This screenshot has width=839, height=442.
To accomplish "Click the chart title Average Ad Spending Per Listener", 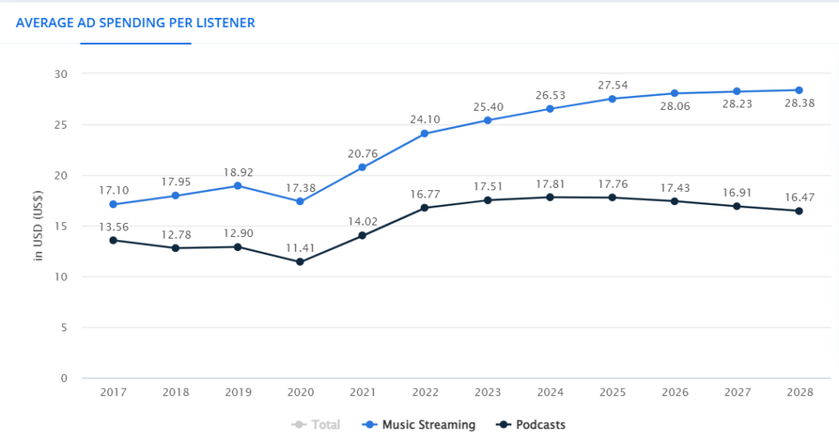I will pyautogui.click(x=135, y=23).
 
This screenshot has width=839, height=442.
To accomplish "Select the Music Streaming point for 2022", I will pyautogui.click(x=424, y=134).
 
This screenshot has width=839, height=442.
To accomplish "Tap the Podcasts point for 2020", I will pyautogui.click(x=300, y=262).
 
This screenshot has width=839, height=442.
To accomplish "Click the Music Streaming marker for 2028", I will pyautogui.click(x=799, y=90).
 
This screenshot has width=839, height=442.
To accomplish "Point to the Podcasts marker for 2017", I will pyautogui.click(x=113, y=240).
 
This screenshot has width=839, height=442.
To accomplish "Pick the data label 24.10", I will pyautogui.click(x=424, y=119).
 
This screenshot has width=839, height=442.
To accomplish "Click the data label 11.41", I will pyautogui.click(x=300, y=248).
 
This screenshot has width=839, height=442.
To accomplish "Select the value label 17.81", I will pyautogui.click(x=550, y=183).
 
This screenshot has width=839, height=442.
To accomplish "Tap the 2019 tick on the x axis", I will pyautogui.click(x=238, y=392).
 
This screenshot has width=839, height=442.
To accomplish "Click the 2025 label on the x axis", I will pyautogui.click(x=612, y=392).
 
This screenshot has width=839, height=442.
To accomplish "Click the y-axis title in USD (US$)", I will pyautogui.click(x=39, y=226).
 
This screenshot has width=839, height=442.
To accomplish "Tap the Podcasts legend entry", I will pyautogui.click(x=532, y=425).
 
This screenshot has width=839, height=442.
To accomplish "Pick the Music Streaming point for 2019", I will pyautogui.click(x=238, y=186).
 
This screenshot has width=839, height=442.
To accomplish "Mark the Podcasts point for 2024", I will pyautogui.click(x=550, y=198).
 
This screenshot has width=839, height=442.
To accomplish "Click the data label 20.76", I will pyautogui.click(x=362, y=153).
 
